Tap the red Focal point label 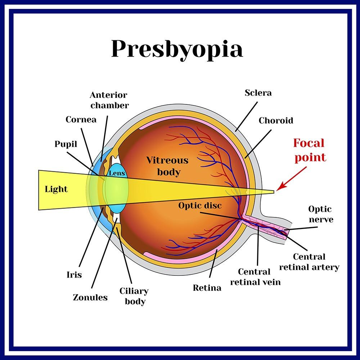click(310, 150)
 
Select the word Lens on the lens click(117, 173)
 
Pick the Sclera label click(258, 93)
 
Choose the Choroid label click(276, 121)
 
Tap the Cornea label click(81, 120)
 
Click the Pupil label click(66, 144)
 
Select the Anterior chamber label click(109, 100)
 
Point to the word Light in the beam click(56, 189)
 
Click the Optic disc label click(200, 206)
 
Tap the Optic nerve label click(320, 214)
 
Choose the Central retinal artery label click(309, 262)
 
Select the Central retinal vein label click(255, 277)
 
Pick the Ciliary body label click(134, 296)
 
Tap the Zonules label click(90, 298)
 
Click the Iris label click(74, 275)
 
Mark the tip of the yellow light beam click(274, 192)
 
